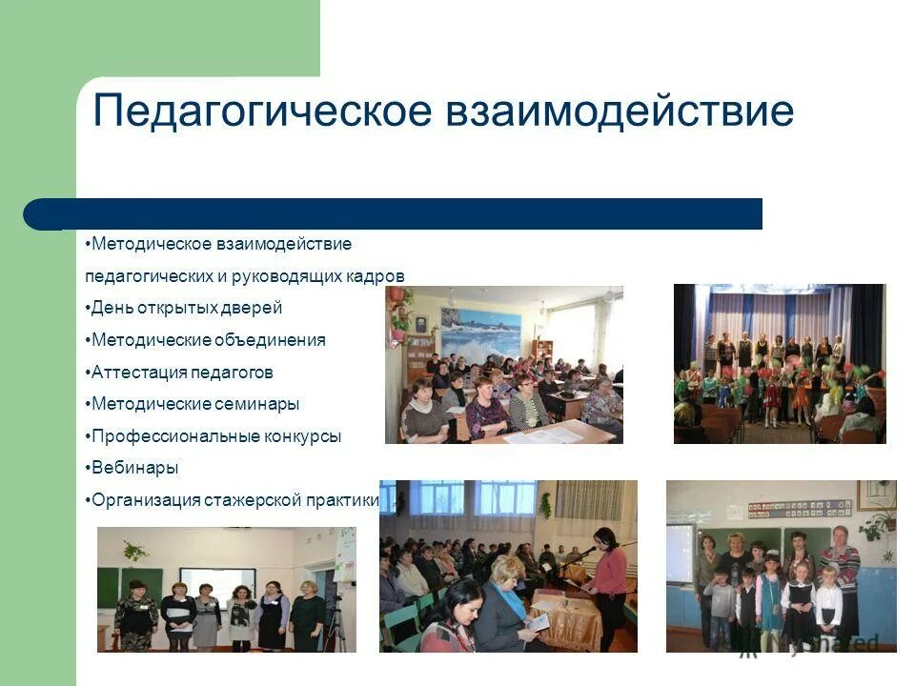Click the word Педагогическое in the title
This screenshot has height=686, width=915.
263,111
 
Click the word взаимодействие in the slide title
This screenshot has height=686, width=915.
619,111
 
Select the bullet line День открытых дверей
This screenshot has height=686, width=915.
185,308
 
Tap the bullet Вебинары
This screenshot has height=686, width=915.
134,468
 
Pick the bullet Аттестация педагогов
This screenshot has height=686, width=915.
182,372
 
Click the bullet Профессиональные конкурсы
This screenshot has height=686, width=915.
214,436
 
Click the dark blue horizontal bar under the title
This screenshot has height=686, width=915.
400,213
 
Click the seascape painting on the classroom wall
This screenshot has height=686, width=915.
480,333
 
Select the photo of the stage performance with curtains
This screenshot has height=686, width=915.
779,363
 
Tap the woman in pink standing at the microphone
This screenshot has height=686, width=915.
611,572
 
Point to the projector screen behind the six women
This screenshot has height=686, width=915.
217,582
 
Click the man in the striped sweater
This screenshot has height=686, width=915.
840,572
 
